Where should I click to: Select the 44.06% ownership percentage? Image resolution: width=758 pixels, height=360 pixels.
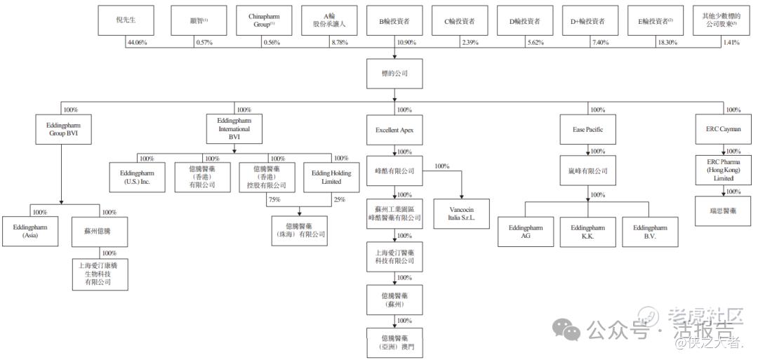(x=136, y=44)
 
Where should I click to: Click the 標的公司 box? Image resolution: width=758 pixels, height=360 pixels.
(x=394, y=74)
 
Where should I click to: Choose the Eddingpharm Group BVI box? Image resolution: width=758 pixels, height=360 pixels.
(x=62, y=129)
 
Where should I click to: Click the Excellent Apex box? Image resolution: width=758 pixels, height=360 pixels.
(x=394, y=130)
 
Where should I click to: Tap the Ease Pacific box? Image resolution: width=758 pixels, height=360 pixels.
(x=588, y=130)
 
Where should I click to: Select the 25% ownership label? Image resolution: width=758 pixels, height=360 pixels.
(x=340, y=200)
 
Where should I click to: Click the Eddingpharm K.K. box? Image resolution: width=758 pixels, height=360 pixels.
(x=587, y=232)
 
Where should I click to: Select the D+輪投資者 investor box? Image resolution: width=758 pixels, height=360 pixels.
(x=588, y=21)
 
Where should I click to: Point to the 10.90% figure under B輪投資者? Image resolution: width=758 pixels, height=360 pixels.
(x=406, y=44)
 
